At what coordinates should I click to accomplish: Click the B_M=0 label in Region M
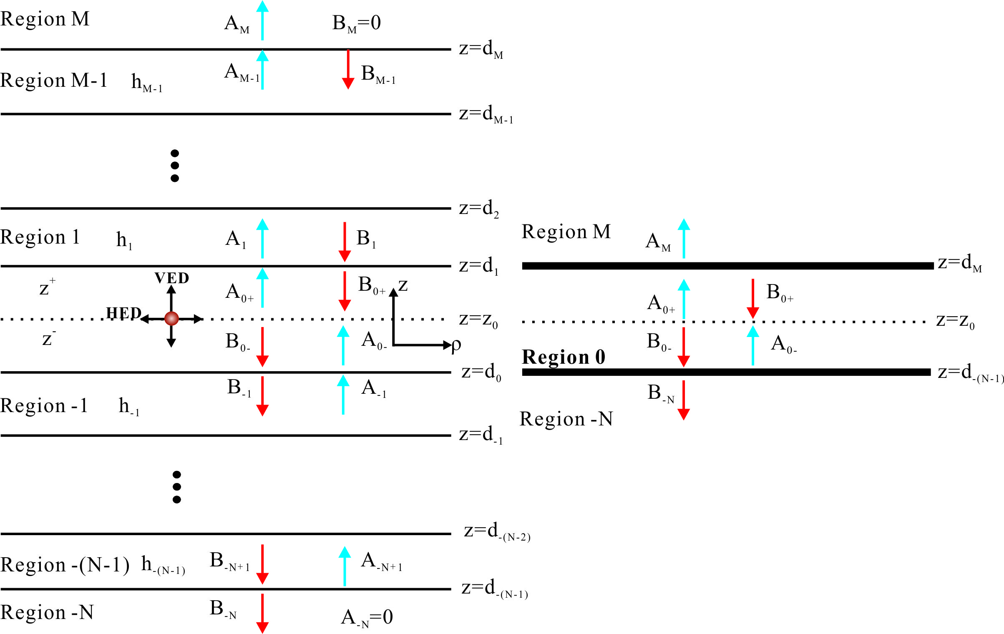(356, 23)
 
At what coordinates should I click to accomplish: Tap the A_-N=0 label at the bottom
(367, 617)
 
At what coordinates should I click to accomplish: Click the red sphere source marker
(171, 318)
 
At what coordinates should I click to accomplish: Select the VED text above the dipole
(172, 278)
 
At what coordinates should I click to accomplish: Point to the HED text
(123, 313)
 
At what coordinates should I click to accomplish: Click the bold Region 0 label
(563, 357)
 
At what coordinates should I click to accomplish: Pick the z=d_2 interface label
(479, 209)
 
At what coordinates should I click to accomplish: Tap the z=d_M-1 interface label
(486, 114)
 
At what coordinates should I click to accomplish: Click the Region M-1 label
(54, 80)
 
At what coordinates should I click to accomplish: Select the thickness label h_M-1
(146, 83)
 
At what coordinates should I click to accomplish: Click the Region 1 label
(40, 237)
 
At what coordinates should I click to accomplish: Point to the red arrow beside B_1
(345, 242)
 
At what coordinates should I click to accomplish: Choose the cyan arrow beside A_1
(262, 239)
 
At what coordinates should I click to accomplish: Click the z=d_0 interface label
(481, 372)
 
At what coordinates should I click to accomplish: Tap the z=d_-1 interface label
(481, 435)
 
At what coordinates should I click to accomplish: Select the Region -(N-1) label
(65, 565)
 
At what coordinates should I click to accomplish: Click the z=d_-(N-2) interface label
(497, 531)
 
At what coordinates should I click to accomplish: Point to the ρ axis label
(456, 345)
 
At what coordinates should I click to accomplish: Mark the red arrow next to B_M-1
(348, 69)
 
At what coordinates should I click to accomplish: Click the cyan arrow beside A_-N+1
(345, 566)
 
